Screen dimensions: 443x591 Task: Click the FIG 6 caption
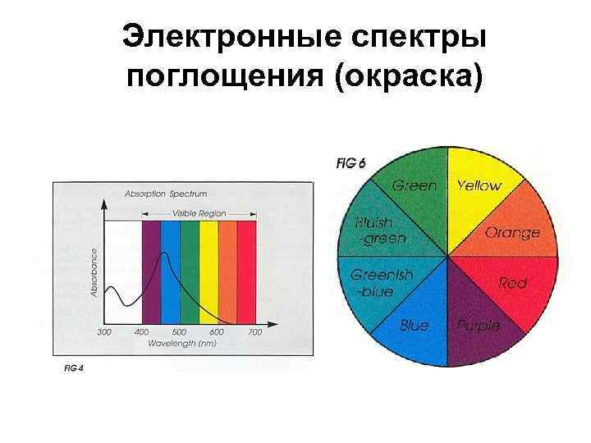tap(350, 163)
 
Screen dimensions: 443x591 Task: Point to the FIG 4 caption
tap(75, 368)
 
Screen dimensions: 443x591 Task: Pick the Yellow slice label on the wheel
tap(479, 185)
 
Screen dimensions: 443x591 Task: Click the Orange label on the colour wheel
tap(513, 232)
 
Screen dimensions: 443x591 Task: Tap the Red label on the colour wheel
tap(513, 283)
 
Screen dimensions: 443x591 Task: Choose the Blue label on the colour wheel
tap(414, 326)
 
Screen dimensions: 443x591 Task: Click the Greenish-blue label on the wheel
tap(381, 283)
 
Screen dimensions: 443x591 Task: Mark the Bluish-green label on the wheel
tap(379, 231)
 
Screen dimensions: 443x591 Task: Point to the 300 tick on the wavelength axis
tap(104, 331)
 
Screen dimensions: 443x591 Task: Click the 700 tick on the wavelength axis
tap(255, 331)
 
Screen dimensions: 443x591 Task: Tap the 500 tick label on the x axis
tap(179, 331)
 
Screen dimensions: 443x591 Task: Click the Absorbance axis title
tap(94, 274)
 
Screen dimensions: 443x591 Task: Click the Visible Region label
tap(199, 213)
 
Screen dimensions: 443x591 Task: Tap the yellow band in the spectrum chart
tap(209, 271)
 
